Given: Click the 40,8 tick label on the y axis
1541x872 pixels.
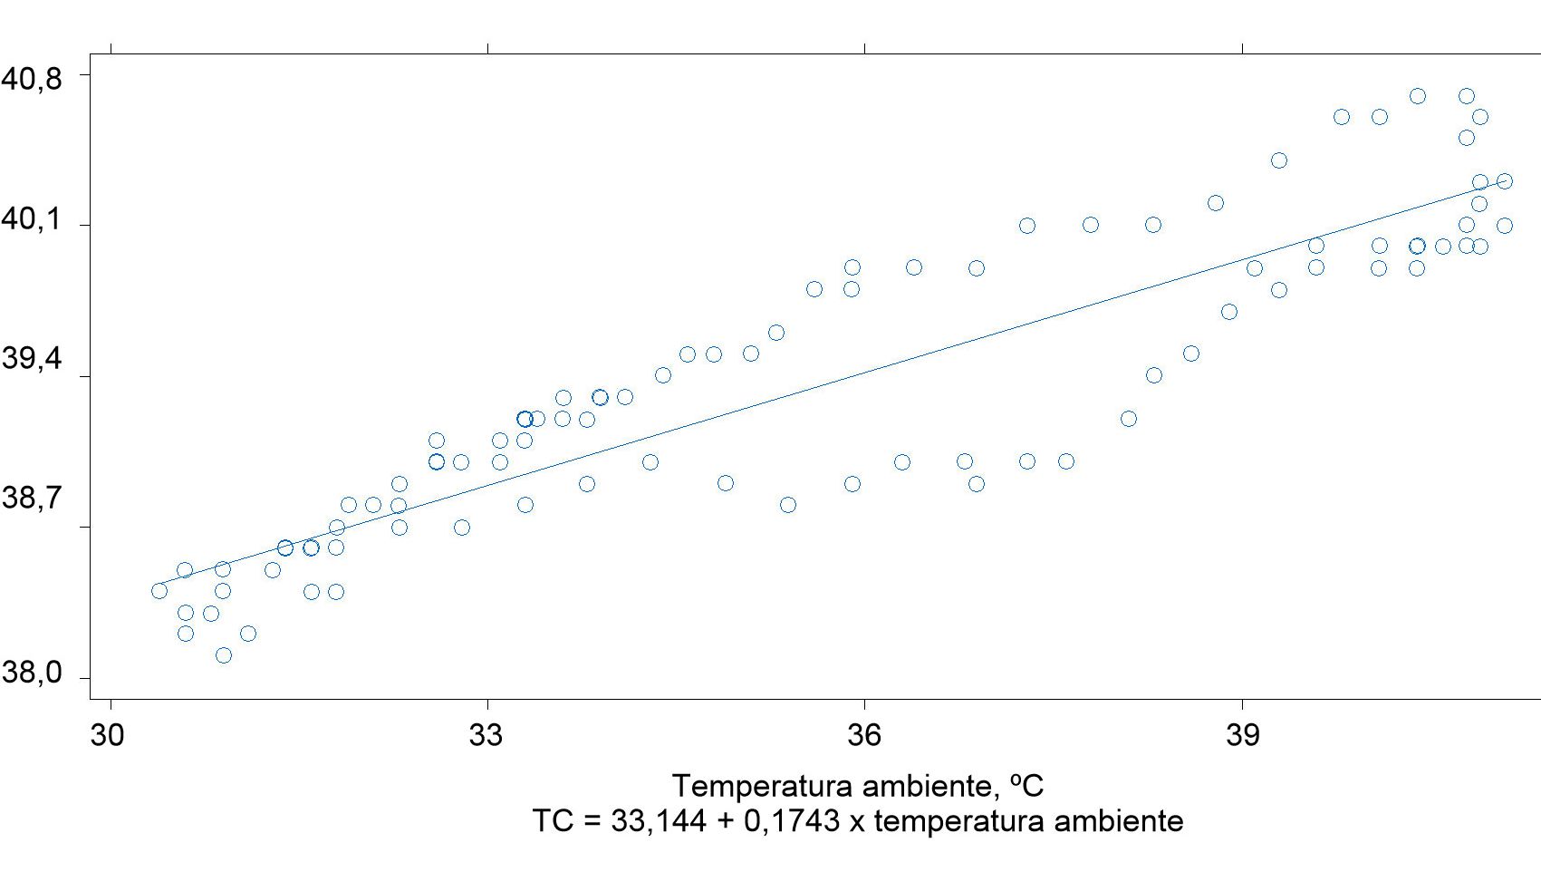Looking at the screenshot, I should (x=32, y=80).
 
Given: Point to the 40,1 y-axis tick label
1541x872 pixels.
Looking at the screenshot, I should (x=32, y=219).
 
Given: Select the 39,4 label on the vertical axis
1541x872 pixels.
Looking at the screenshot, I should (x=32, y=359).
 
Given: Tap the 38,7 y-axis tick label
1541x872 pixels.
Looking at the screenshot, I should (x=32, y=498).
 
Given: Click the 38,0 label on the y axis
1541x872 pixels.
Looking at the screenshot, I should (x=32, y=673).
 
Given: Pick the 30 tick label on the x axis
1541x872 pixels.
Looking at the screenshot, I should (x=108, y=735).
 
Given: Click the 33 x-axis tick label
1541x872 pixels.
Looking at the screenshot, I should (x=486, y=735).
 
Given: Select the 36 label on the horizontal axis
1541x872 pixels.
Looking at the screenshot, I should (x=864, y=735).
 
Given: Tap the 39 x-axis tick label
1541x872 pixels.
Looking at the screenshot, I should (x=1242, y=735).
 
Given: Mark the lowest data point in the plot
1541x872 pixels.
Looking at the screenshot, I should (x=224, y=655).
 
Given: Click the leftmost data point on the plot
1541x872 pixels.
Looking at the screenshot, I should (x=159, y=591).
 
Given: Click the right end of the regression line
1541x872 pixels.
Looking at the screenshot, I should (x=1505, y=181).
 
